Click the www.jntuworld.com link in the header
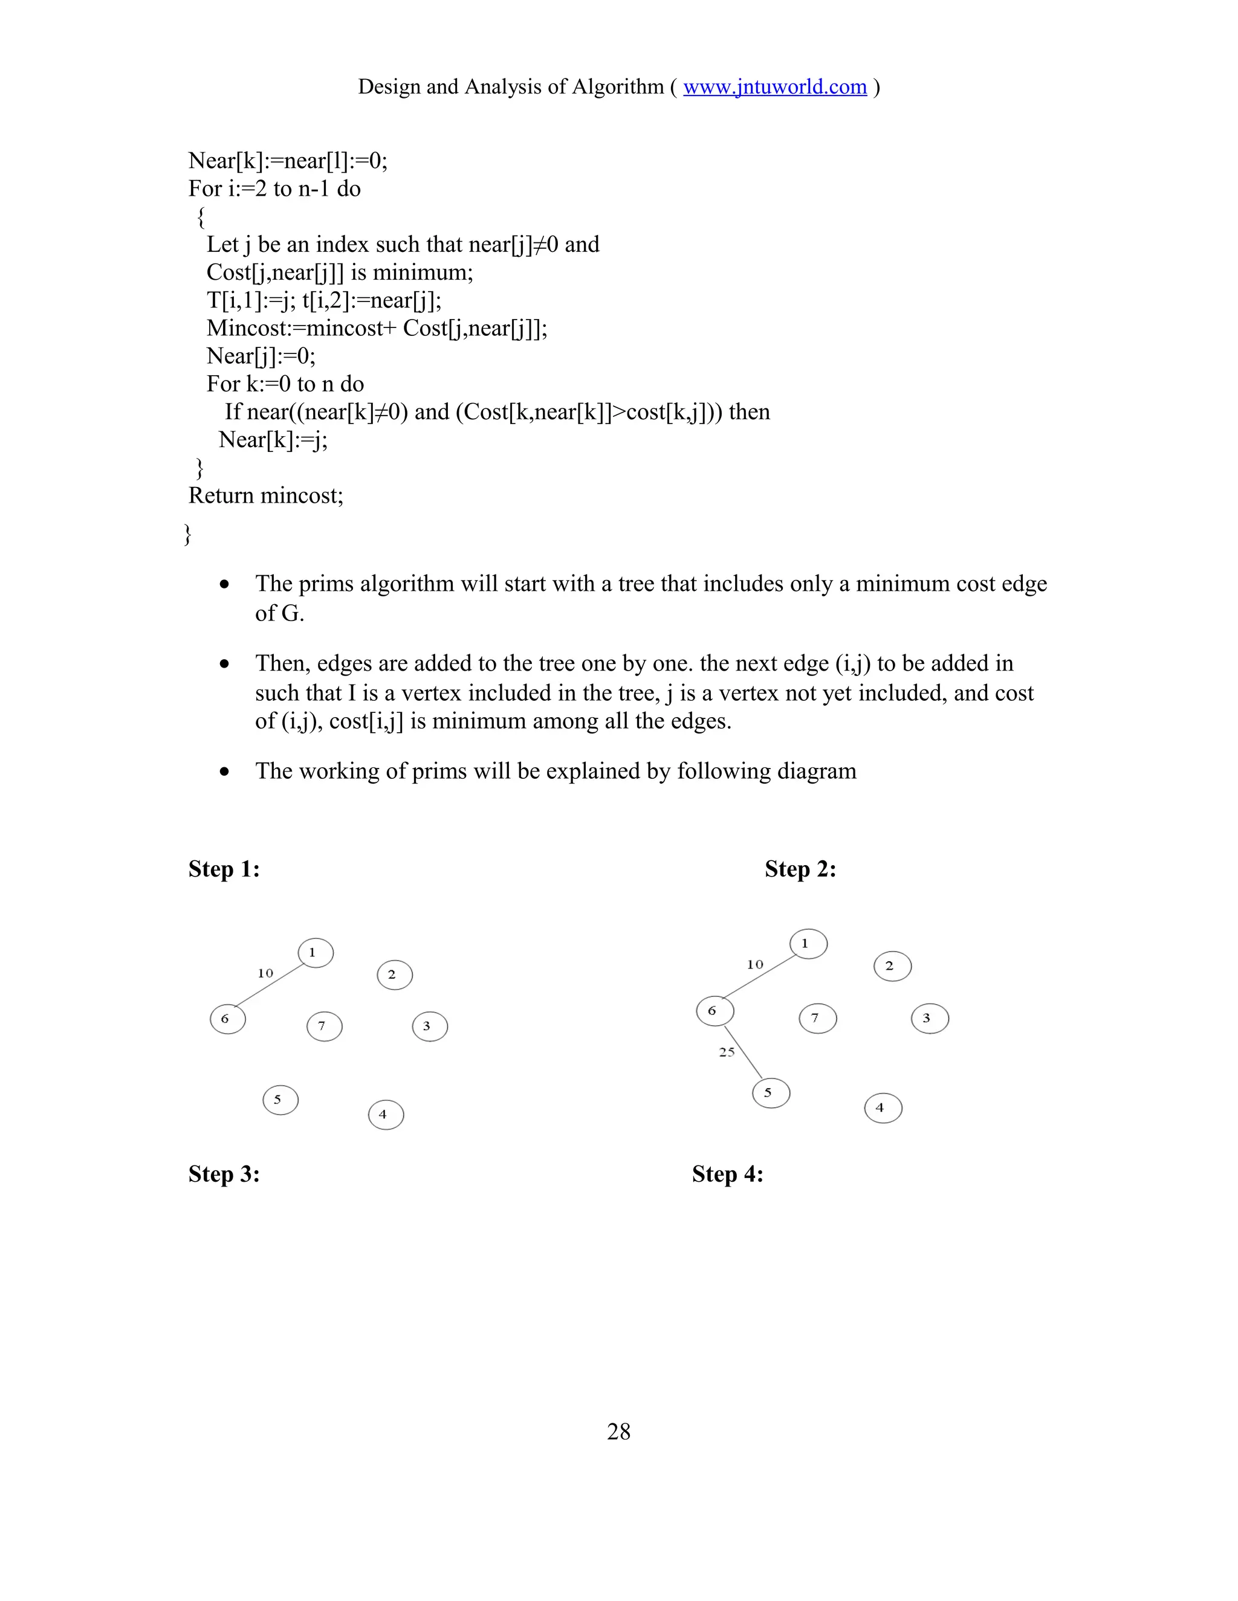(x=774, y=86)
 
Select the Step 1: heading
(x=224, y=869)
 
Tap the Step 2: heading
(x=800, y=869)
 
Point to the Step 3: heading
(x=224, y=1174)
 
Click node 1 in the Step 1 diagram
(x=316, y=953)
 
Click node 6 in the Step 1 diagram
(x=227, y=1019)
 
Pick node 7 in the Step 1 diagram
(x=324, y=1026)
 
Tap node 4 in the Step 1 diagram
(x=386, y=1114)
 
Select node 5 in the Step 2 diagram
(x=771, y=1093)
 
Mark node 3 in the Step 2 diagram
(x=930, y=1018)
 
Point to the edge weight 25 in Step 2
(x=726, y=1052)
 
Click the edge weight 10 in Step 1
(x=265, y=973)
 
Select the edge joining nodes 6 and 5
(x=744, y=1054)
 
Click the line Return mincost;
(x=265, y=495)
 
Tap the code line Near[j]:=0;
(x=261, y=356)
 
